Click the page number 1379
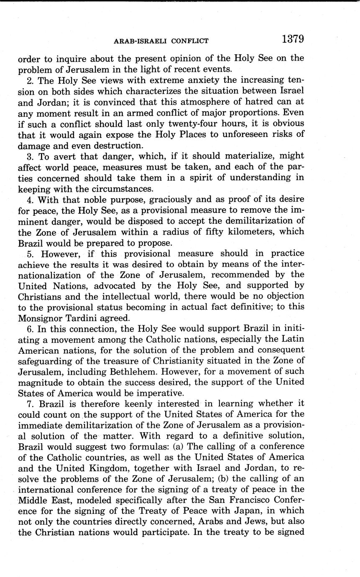click(x=292, y=39)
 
